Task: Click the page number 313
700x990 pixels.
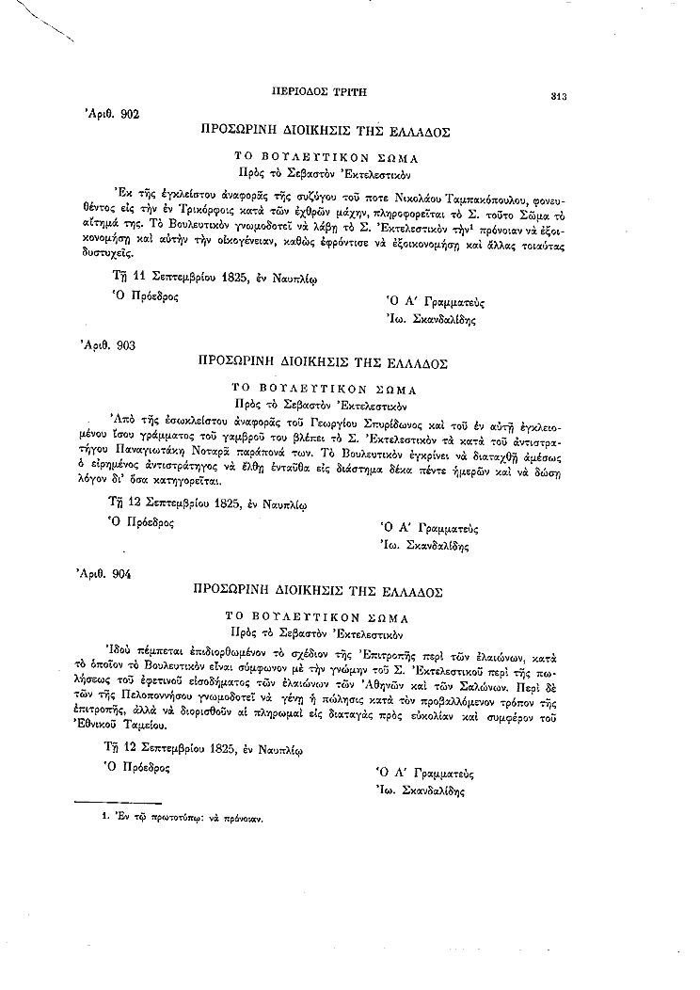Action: tap(558, 96)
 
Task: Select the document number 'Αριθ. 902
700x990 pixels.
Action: tap(112, 113)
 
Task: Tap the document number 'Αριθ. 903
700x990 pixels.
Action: tap(111, 345)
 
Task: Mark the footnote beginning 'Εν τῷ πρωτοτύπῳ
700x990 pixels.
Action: tap(183, 818)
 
